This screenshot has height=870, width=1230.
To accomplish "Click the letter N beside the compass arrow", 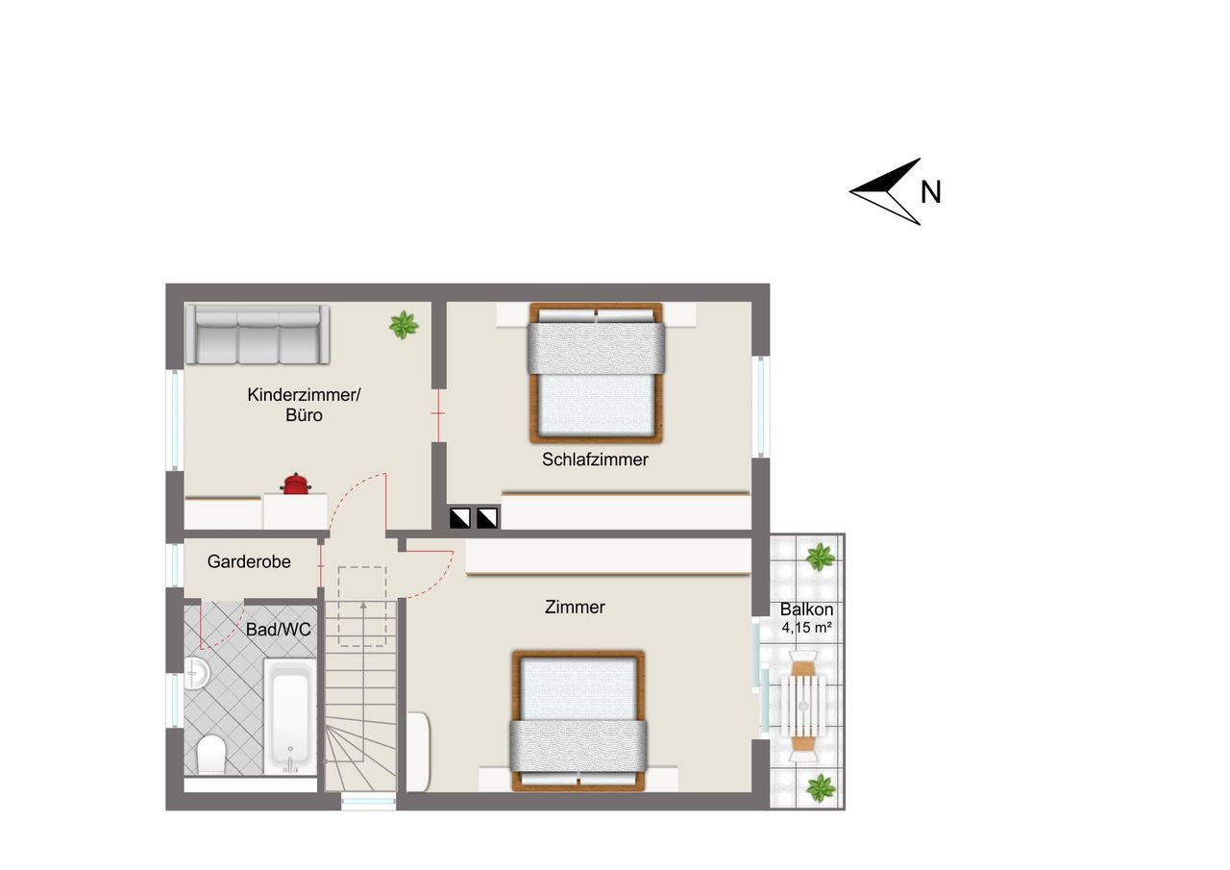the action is click(931, 192).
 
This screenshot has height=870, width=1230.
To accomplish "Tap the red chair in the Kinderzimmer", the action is click(297, 484).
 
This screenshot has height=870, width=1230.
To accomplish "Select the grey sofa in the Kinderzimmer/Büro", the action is click(258, 335).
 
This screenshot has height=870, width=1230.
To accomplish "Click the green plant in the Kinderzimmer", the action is click(404, 325).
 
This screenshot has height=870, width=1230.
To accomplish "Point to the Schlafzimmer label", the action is click(595, 460).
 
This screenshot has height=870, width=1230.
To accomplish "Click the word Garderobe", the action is click(249, 561).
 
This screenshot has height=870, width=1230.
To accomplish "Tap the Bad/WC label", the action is click(279, 630).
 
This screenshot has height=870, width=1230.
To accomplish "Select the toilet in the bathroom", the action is click(210, 754).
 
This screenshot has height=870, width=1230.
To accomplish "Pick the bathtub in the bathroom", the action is click(290, 716).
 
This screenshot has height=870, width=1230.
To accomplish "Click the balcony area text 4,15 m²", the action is click(806, 627).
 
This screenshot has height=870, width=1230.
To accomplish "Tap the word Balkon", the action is click(806, 609).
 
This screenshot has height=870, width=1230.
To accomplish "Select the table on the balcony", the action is click(803, 706).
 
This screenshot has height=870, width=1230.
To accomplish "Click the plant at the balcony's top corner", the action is click(821, 558).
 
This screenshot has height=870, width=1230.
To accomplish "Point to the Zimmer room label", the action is click(575, 607).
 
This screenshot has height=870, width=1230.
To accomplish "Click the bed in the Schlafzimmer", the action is click(597, 373).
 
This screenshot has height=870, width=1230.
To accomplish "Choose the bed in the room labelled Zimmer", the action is click(578, 721).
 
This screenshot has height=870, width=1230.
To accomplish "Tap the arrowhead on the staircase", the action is click(363, 606).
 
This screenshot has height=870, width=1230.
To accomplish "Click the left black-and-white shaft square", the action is click(459, 518).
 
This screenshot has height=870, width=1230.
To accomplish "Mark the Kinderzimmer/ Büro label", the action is click(304, 405).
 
